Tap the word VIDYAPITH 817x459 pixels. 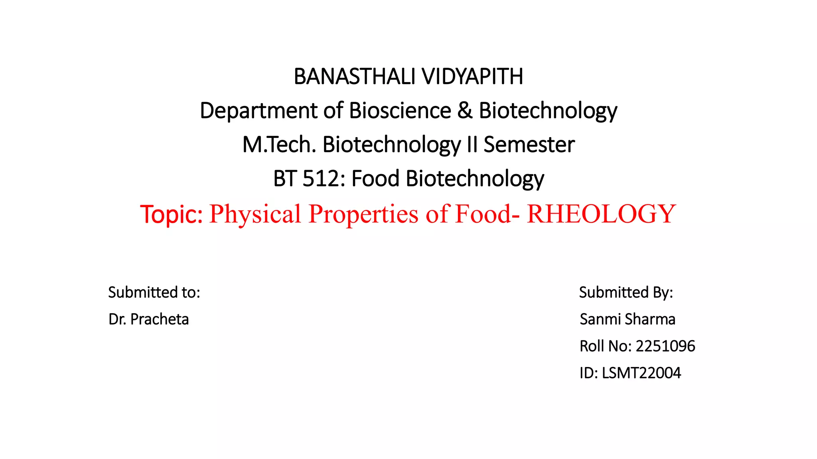472,76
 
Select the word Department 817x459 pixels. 259,110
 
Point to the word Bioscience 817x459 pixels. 400,110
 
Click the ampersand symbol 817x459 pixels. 465,110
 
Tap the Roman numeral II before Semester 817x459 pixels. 472,144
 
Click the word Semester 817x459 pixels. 529,144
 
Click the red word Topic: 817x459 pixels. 172,214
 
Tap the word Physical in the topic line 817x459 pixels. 255,214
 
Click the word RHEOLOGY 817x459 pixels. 601,214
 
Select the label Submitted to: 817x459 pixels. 154,292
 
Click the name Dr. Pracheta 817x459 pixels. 148,319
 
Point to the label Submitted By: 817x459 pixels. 626,292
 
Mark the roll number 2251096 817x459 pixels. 665,346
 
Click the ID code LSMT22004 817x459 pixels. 641,373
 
